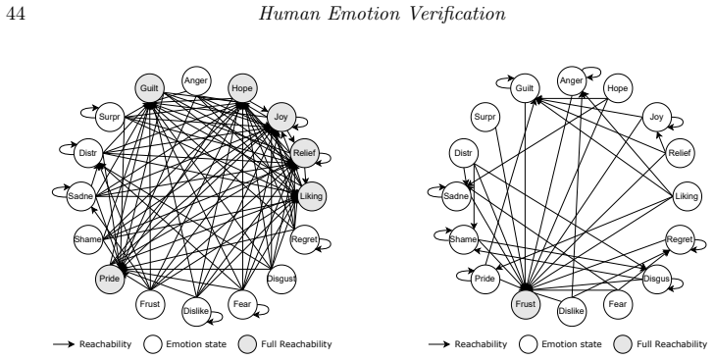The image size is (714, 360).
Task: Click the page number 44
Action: [16, 14]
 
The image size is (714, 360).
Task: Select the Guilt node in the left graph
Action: [149, 88]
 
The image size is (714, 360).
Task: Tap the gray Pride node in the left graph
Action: [110, 279]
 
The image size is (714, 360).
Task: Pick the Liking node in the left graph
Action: [312, 196]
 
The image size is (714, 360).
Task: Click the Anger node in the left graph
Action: [196, 81]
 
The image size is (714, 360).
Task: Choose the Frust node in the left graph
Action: [149, 304]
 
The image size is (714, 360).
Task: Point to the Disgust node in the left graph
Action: [281, 279]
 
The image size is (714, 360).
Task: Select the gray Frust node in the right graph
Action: [525, 304]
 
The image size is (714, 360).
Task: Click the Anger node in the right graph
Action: [572, 81]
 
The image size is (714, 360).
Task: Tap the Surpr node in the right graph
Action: [484, 117]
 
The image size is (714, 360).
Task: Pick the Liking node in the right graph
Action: [687, 196]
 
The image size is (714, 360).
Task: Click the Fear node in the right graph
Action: [618, 304]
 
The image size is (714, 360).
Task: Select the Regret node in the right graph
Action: [680, 239]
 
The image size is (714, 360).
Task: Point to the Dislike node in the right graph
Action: [572, 311]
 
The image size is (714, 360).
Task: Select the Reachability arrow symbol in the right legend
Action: [439, 344]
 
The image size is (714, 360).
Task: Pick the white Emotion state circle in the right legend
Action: [529, 344]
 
